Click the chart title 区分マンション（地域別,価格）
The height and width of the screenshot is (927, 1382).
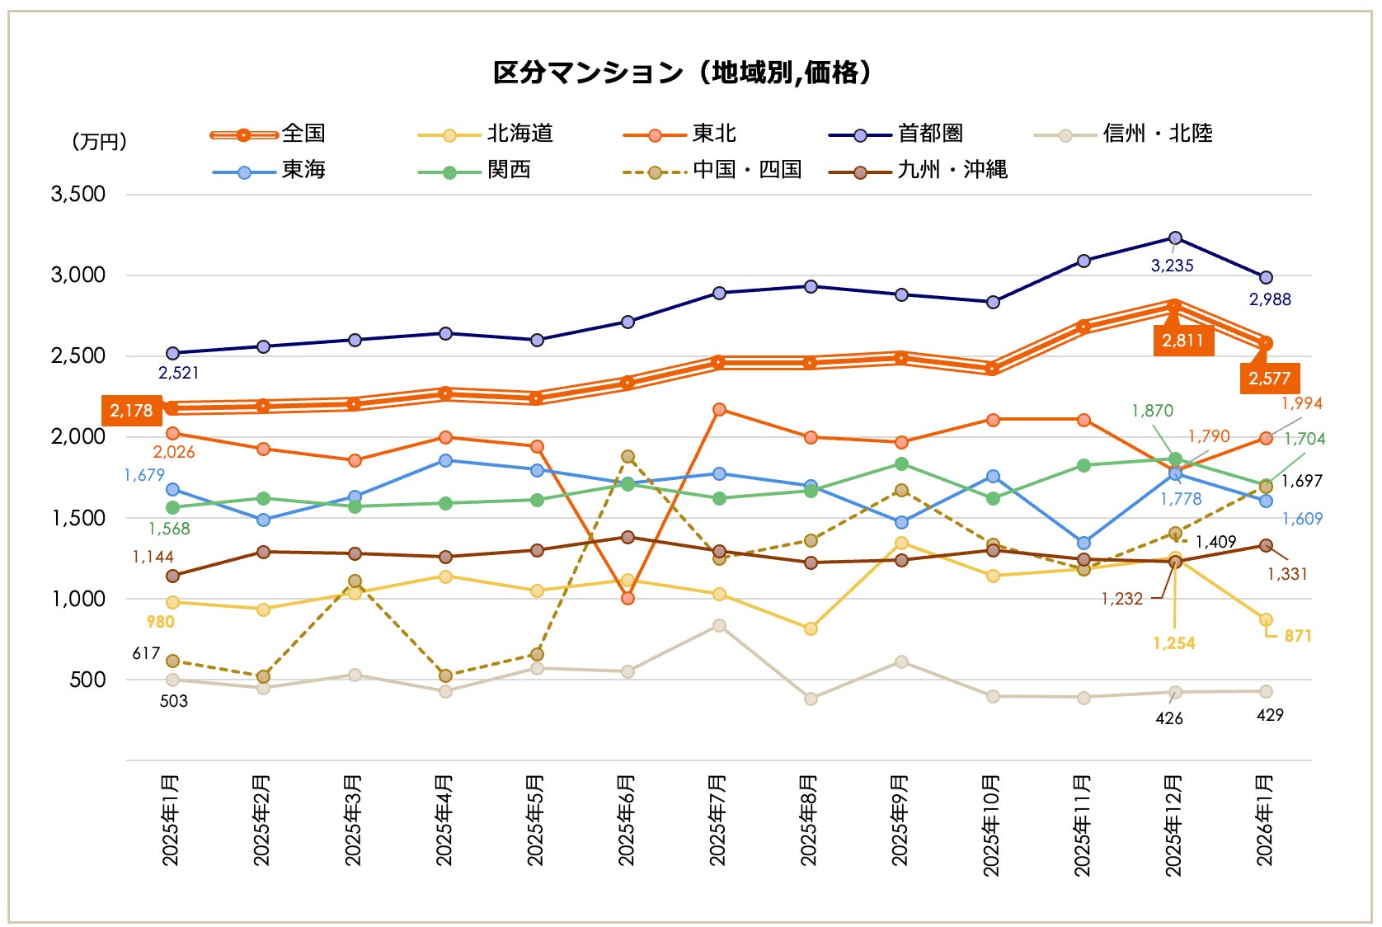pyautogui.click(x=682, y=73)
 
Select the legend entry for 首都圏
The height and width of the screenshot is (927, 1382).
pyautogui.click(x=929, y=134)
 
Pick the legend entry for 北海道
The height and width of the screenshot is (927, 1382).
pyautogui.click(x=519, y=134)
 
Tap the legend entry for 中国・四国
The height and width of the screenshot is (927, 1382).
pyautogui.click(x=746, y=170)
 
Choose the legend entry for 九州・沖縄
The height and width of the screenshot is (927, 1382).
pyautogui.click(x=952, y=170)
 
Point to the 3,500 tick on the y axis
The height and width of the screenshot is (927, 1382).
pyautogui.click(x=78, y=195)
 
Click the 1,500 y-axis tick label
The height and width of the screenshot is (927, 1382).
pyautogui.click(x=78, y=518)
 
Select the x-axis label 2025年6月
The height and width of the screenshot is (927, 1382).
pyautogui.click(x=627, y=820)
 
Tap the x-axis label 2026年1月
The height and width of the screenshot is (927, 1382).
pyautogui.click(x=1265, y=820)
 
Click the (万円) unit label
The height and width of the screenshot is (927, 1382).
pyautogui.click(x=99, y=142)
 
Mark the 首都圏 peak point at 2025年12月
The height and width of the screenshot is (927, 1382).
pyautogui.click(x=1175, y=238)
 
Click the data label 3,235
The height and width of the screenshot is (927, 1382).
pyautogui.click(x=1172, y=266)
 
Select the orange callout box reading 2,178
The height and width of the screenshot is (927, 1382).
pyautogui.click(x=131, y=411)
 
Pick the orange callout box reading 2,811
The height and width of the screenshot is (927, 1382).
pyautogui.click(x=1182, y=341)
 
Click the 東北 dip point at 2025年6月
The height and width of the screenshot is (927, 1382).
pyautogui.click(x=628, y=598)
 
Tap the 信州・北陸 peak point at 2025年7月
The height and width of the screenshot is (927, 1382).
pyautogui.click(x=719, y=625)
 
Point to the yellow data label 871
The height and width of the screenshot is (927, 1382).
pyautogui.click(x=1297, y=636)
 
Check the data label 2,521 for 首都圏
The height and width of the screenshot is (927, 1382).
pyautogui.click(x=179, y=373)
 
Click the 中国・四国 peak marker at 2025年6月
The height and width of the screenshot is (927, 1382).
pyautogui.click(x=628, y=456)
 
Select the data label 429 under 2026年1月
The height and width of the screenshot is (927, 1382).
pyautogui.click(x=1270, y=715)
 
